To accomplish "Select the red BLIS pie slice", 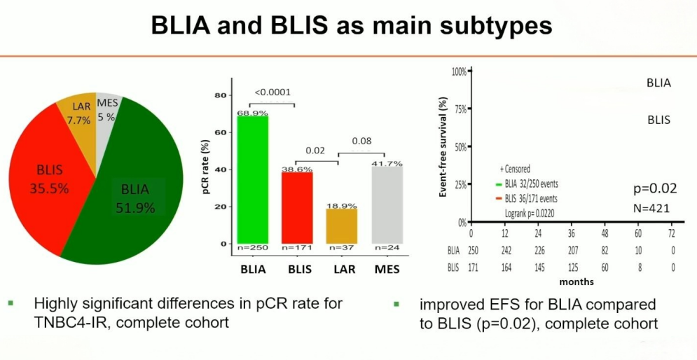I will (49, 175).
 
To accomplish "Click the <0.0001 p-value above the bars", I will (272, 92).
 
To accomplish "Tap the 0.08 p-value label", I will (361, 141).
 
